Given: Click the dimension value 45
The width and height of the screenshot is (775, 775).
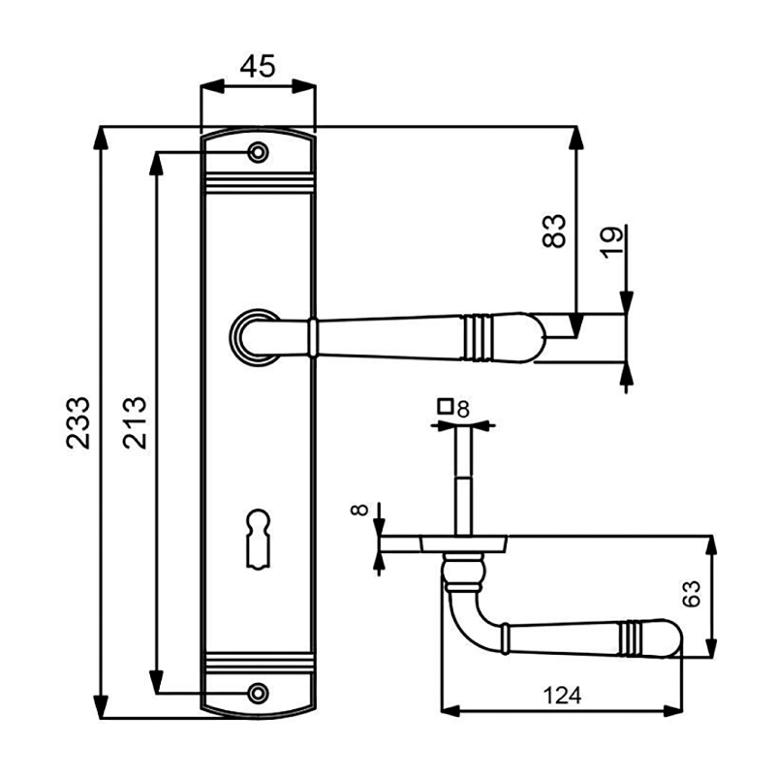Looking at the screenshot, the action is (x=258, y=67).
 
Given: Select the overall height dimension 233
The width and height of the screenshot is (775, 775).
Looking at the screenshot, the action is (x=78, y=422).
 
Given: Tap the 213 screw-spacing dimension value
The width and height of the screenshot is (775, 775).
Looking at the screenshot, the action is (x=135, y=422).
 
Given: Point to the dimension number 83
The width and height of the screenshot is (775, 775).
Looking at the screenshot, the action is (x=553, y=231).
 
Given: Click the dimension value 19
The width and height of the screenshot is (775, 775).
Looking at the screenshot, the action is (x=611, y=243).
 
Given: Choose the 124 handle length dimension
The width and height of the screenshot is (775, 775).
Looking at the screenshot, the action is (x=562, y=696).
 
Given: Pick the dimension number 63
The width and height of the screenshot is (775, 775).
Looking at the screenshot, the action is (x=691, y=594).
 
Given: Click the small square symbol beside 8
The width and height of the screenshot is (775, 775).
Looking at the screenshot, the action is (x=446, y=406).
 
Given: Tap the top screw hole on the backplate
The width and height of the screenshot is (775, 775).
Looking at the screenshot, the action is (x=258, y=153).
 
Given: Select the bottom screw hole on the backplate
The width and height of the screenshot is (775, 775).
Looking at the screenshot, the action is (x=258, y=693).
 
